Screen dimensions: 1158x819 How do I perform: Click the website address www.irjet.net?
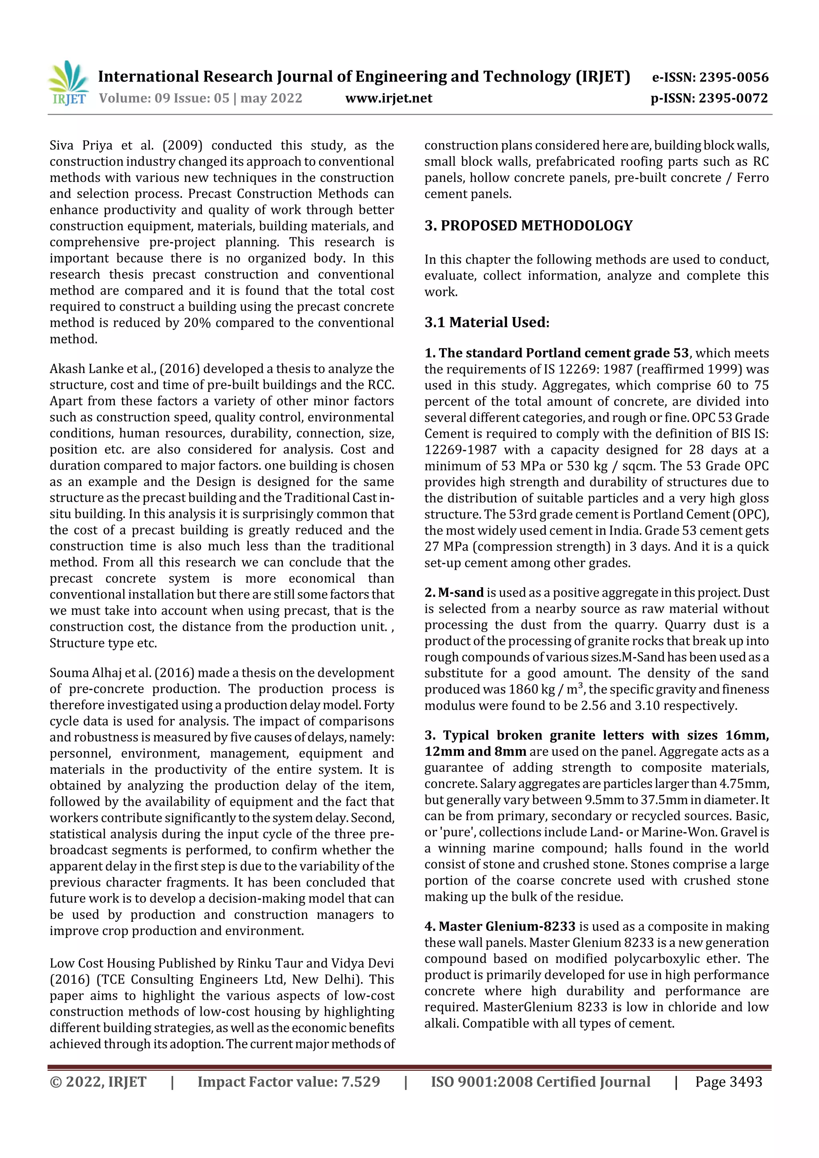(x=389, y=98)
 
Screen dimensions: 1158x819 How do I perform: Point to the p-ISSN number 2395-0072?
(x=733, y=98)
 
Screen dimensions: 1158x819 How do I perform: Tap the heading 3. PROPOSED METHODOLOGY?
(x=528, y=225)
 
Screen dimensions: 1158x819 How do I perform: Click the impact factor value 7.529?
(x=360, y=1081)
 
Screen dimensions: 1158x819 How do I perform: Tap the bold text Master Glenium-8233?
(x=507, y=926)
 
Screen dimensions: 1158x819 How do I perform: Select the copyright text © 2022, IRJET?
(x=98, y=1081)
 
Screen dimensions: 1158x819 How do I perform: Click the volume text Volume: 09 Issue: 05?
(x=164, y=98)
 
